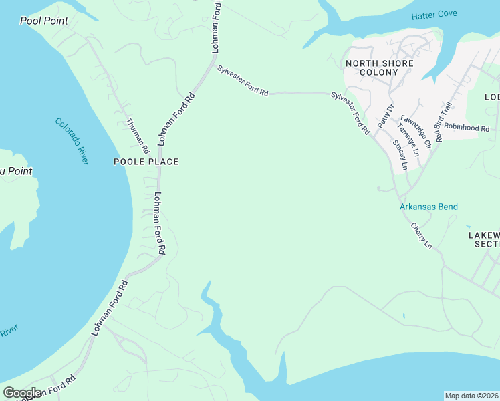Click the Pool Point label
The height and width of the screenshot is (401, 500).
44,21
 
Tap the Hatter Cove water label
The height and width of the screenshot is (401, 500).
434,15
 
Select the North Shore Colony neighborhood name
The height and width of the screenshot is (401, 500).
378,68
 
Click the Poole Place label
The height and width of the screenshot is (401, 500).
146,162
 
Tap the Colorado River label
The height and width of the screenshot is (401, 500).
72,141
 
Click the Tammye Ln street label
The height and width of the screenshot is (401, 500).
407,138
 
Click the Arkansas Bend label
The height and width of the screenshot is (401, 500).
428,207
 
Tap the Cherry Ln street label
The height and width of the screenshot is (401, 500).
421,236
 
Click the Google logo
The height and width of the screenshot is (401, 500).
22,393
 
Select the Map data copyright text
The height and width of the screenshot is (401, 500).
471,396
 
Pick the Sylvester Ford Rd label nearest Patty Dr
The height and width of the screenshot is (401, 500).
350,114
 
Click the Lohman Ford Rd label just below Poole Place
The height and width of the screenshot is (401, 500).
159,223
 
